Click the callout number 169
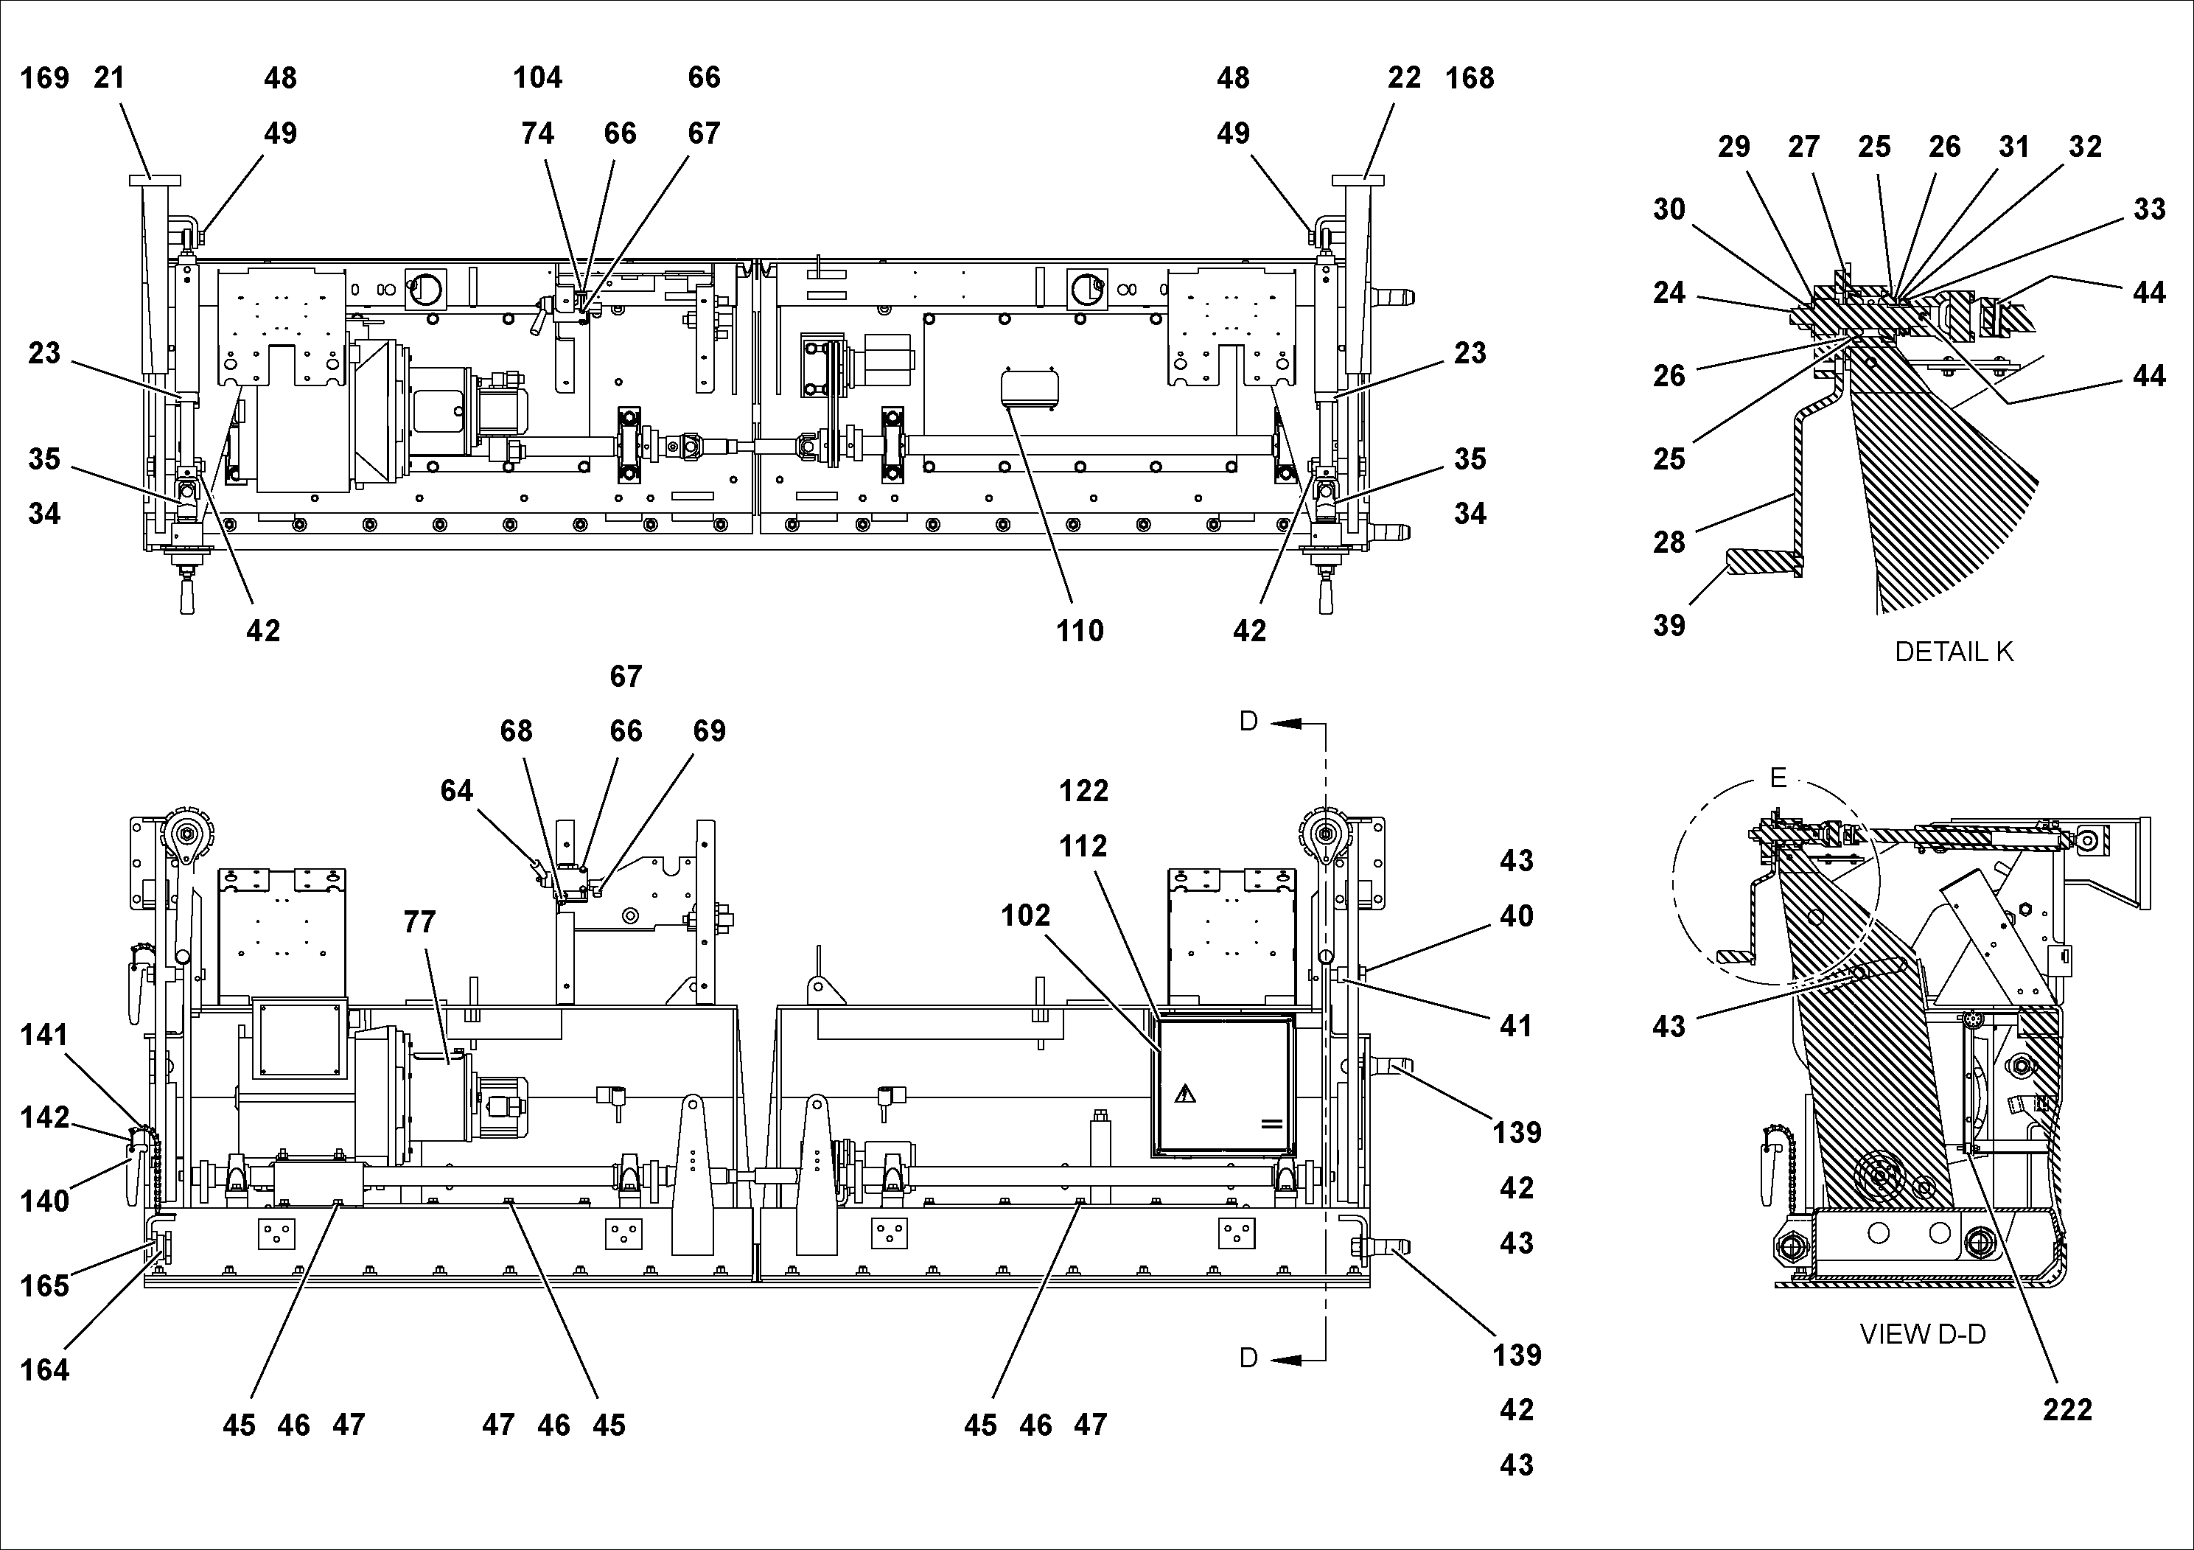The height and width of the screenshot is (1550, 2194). coord(44,78)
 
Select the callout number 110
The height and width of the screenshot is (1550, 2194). coord(1080,631)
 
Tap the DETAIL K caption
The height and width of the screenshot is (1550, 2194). coord(1953,652)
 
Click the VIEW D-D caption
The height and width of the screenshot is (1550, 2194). coord(1923,1334)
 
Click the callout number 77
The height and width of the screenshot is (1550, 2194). coord(419,922)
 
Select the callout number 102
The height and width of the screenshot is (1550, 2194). coord(1025,915)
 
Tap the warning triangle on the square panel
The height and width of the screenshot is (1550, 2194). coord(1185,1093)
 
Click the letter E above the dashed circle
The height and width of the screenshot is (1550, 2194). coord(1778,778)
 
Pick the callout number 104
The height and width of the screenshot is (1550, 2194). coord(537,78)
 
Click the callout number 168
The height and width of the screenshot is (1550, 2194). coord(1470,78)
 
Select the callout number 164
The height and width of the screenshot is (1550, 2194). coord(44,1370)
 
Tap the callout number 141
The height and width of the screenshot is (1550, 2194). coord(44,1034)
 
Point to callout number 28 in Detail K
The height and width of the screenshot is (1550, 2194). coord(1669,542)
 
